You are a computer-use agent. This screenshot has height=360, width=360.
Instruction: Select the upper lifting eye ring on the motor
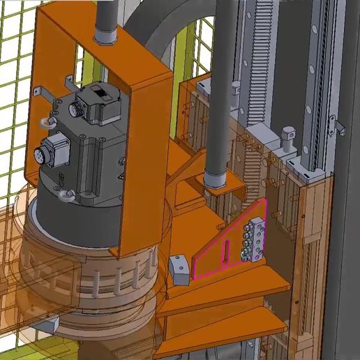pos(45,123)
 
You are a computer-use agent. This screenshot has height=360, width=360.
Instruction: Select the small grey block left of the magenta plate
pos(179,269)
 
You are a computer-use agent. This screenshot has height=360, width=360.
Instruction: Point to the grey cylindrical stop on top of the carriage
pos(285,140)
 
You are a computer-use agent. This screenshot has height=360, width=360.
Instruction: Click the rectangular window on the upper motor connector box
pos(102,91)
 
